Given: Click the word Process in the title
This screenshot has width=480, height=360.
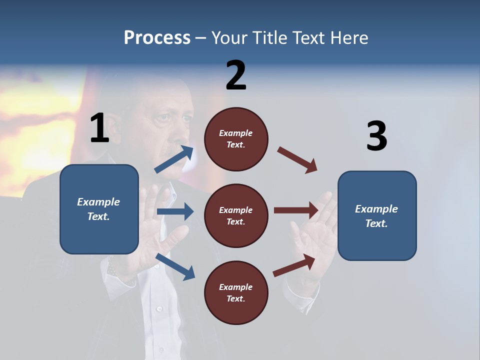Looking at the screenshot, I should tap(157, 37).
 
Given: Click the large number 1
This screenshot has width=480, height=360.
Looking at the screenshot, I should tap(99, 128).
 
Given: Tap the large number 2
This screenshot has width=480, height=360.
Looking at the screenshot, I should tap(236, 75).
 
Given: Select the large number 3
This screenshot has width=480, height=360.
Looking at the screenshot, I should tap(376, 136).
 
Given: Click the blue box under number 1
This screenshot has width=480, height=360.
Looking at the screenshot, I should tap(99, 209).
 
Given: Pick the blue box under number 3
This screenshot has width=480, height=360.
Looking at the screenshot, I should tap(377, 216).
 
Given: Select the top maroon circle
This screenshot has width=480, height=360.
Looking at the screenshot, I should tap(236, 139).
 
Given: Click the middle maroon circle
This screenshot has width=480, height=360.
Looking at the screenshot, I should tap(236, 215).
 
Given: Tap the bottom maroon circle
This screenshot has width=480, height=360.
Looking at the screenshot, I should tap(236, 292).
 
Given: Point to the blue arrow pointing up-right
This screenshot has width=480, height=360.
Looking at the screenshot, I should tap(174, 159).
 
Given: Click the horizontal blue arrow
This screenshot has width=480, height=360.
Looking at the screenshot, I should tap(175, 211).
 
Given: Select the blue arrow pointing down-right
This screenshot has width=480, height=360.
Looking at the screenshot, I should tap(175, 266).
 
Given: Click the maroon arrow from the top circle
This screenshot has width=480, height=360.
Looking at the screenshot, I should tap(297, 160).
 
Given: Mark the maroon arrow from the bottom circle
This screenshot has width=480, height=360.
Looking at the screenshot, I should tap(294, 265).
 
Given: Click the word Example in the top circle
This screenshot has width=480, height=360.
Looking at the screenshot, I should tap(236, 133).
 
